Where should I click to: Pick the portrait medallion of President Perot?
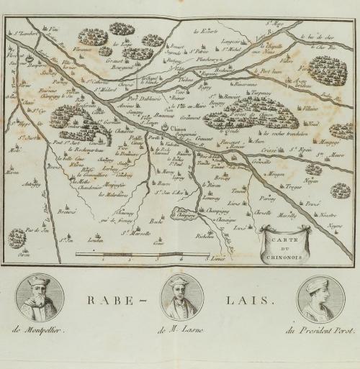(x=318, y=298)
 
